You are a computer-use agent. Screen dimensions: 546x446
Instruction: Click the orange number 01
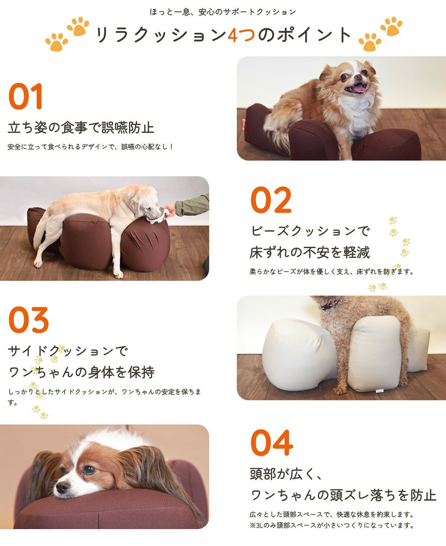coord(26,97)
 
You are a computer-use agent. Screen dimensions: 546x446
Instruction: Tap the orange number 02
coord(271,200)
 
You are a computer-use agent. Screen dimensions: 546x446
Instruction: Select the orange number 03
coord(29,320)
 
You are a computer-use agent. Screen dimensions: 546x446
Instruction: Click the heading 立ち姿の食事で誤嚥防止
coord(81,127)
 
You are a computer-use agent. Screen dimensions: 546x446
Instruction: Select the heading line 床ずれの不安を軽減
coord(310,253)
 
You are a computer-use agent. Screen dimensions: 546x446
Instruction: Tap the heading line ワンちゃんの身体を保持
coord(81,372)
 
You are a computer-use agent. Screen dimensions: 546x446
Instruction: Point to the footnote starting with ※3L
coord(332,526)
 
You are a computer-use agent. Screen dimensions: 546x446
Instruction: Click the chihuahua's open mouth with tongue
coord(358,88)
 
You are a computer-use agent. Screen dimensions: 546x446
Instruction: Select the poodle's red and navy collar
coord(329,305)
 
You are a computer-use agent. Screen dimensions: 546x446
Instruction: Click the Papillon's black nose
coord(62,486)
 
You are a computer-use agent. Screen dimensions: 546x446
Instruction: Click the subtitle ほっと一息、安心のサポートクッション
coord(223,12)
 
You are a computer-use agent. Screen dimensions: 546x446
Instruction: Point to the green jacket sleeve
coord(193,205)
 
